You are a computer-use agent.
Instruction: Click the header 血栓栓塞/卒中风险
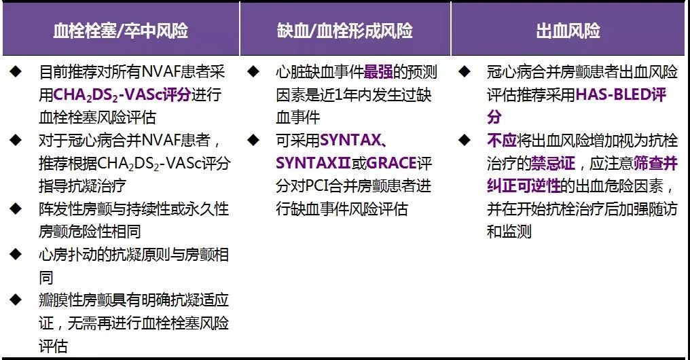[120, 31]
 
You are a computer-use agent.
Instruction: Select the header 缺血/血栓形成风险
[344, 31]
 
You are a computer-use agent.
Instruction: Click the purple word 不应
[502, 141]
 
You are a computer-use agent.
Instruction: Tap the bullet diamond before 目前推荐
[16, 71]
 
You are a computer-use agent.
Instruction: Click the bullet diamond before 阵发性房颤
[16, 209]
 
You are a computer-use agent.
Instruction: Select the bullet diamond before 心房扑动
[16, 254]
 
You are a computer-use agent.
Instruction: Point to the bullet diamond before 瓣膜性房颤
[16, 300]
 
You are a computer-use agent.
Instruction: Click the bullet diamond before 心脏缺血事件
[253, 71]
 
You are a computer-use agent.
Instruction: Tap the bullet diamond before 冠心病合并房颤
[464, 71]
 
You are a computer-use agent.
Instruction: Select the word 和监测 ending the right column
[509, 232]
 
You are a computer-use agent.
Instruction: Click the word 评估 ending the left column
[54, 346]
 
